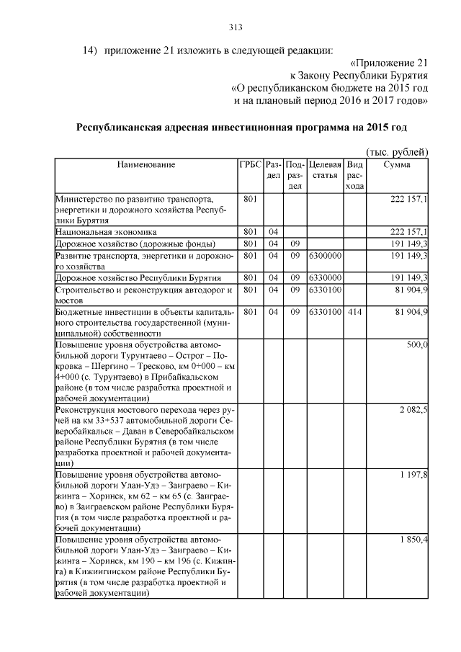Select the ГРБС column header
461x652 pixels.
pos(250,165)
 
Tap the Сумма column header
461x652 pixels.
pos(397,165)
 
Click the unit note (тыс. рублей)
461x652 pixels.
pos(397,151)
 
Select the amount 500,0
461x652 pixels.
pos(416,346)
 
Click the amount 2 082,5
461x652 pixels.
pos(413,409)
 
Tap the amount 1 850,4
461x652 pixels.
pos(413,538)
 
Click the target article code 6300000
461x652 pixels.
pos(324,255)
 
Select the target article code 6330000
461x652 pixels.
pos(324,277)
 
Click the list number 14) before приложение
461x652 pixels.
pos(89,50)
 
